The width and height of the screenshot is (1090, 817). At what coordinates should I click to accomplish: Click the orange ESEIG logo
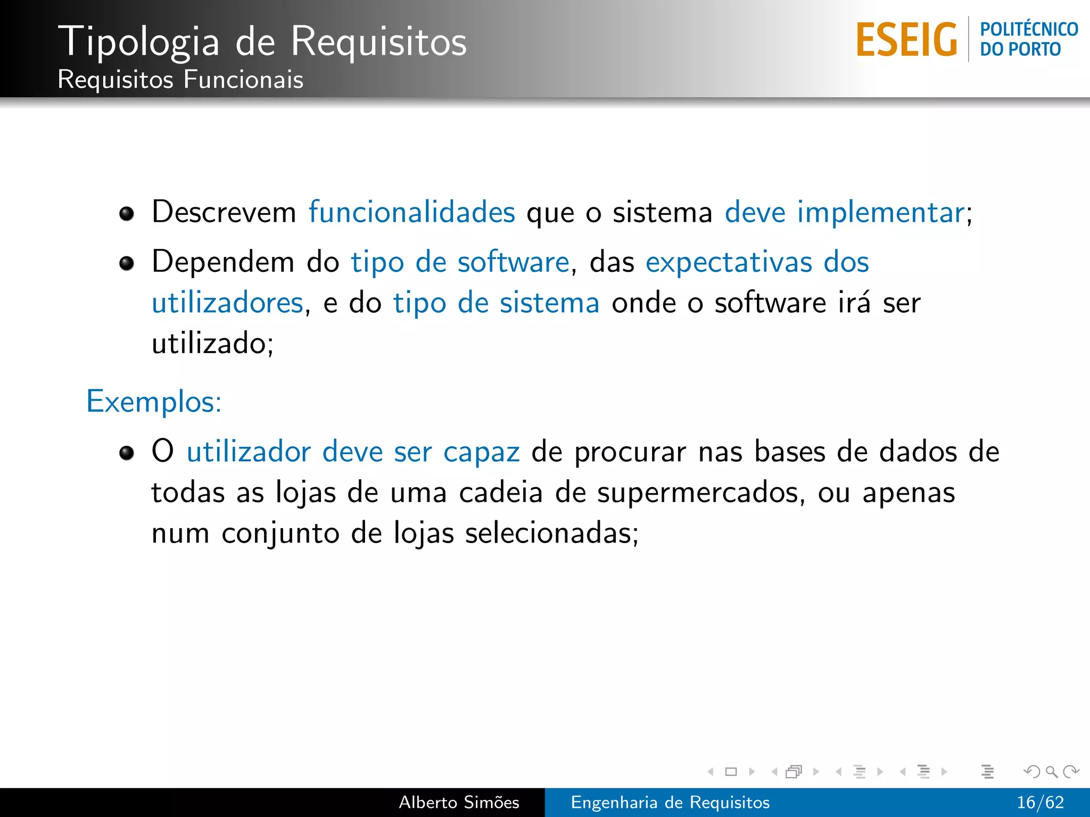click(x=906, y=40)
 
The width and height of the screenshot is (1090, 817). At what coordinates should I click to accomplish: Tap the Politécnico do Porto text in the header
click(x=1028, y=39)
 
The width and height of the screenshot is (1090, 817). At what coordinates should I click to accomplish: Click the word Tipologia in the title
click(x=139, y=41)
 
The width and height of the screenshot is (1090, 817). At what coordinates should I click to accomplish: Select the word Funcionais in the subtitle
click(x=243, y=80)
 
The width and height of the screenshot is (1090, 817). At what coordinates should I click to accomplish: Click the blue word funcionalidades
click(x=412, y=212)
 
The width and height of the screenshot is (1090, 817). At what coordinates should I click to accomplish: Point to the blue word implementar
click(x=881, y=212)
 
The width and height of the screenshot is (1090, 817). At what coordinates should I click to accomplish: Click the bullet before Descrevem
click(x=127, y=214)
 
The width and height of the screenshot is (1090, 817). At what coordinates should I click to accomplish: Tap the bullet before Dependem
click(x=127, y=263)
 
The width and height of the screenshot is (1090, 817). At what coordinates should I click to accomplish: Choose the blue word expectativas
click(x=729, y=262)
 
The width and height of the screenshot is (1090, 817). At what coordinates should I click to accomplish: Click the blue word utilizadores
click(x=228, y=303)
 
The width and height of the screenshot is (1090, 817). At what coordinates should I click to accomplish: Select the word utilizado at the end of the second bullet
click(x=209, y=344)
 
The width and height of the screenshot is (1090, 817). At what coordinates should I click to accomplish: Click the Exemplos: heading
click(x=154, y=402)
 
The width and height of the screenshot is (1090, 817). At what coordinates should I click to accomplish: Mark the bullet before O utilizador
click(x=127, y=453)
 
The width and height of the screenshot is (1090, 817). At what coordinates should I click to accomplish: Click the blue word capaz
click(x=481, y=453)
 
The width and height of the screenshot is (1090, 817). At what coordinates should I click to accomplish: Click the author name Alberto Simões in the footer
click(x=459, y=802)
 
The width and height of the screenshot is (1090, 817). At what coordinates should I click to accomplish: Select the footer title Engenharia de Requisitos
click(x=670, y=802)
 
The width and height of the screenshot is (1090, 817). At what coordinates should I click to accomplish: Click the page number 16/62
click(x=1040, y=802)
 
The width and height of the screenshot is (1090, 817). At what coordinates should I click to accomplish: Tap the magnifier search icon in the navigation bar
click(x=1051, y=771)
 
